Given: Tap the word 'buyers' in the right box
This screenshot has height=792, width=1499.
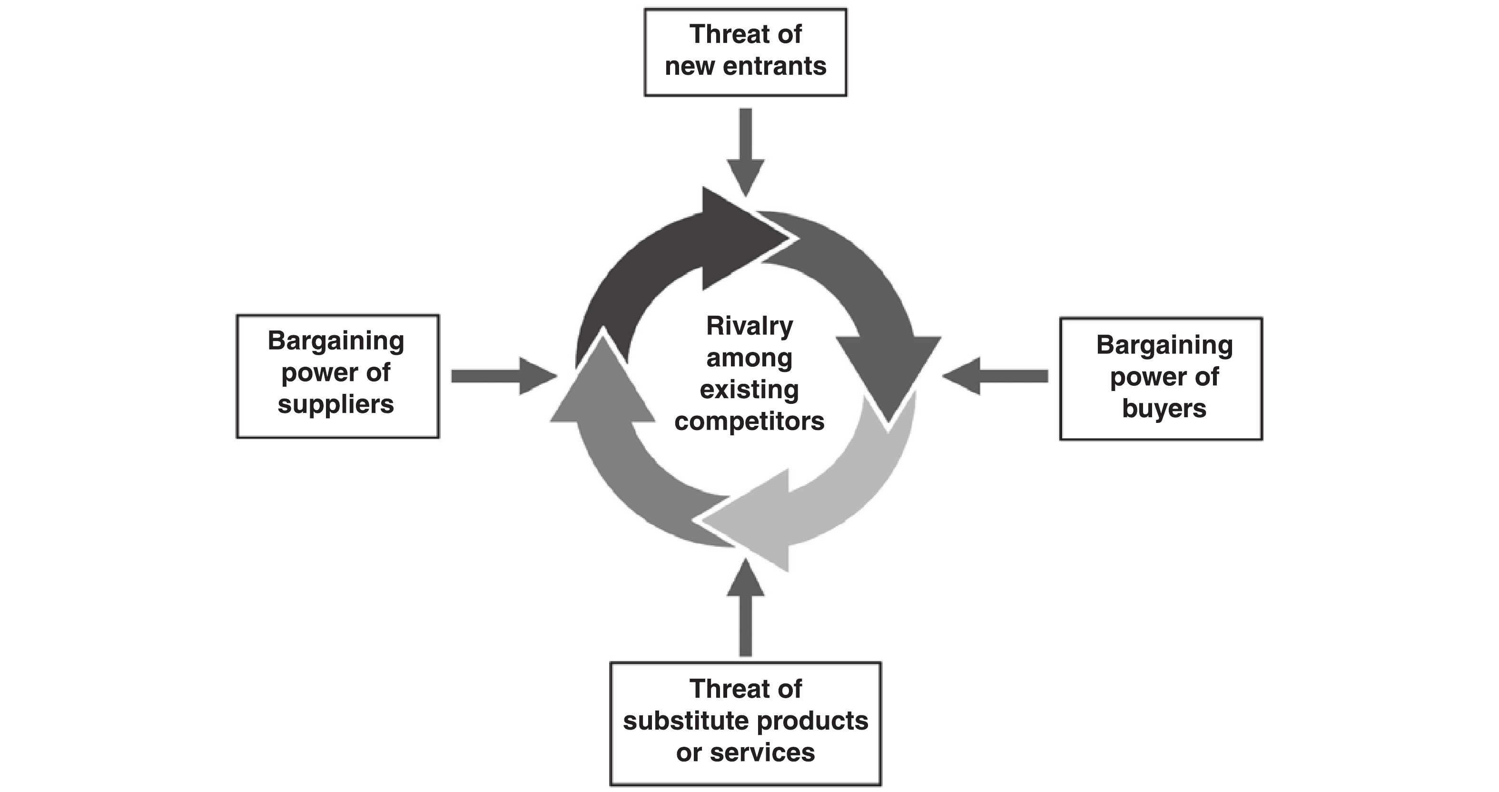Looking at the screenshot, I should click(1164, 408).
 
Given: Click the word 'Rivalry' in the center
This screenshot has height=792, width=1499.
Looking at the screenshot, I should click(749, 326).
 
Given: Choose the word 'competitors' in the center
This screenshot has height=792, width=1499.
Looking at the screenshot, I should click(749, 421).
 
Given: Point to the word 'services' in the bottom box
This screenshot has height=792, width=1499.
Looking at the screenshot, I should click(762, 753).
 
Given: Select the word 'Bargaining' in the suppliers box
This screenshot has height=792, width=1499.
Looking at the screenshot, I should click(336, 341).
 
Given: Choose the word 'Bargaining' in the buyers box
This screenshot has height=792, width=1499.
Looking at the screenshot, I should click(1164, 345).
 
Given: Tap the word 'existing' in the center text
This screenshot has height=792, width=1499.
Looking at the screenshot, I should click(749, 390).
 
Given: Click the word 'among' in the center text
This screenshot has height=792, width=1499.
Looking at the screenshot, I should click(749, 358).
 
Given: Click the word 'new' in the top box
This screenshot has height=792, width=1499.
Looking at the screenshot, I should click(690, 66).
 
